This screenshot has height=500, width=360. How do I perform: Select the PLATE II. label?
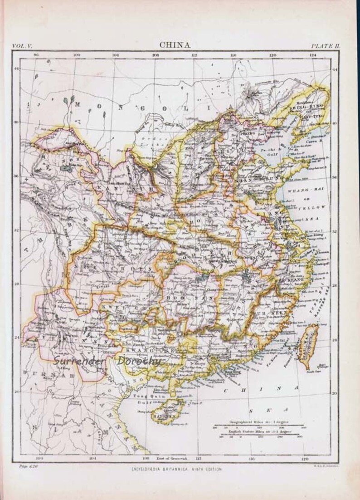(326, 45)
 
